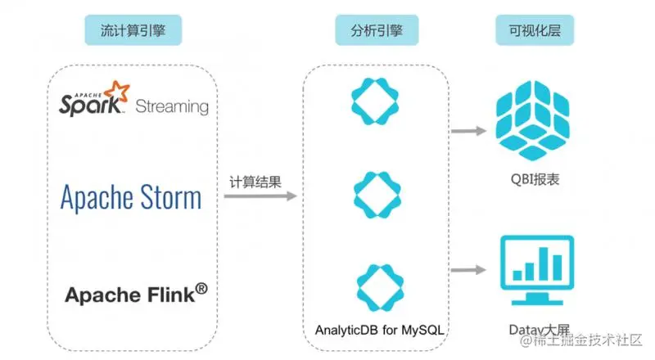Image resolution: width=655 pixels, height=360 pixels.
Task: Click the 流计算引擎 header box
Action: pos(133,30)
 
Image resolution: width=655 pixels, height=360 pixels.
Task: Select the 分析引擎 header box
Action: pos(377,30)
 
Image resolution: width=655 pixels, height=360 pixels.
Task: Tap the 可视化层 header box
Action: pos(535,30)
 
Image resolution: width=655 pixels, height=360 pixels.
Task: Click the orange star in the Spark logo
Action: pos(117,92)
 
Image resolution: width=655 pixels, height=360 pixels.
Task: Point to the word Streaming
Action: pos(172,106)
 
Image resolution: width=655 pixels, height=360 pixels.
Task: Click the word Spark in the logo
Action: pos(90,105)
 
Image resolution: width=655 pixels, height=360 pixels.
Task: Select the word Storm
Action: pos(170,197)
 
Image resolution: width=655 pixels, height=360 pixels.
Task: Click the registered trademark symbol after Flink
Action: pos(201,288)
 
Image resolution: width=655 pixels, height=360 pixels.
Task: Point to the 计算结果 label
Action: pos(255,182)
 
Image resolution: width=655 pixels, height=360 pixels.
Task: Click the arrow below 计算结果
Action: pos(260,196)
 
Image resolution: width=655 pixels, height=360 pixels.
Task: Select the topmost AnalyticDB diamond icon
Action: pos(375,101)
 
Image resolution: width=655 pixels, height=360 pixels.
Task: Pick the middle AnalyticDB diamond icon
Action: pos(377,195)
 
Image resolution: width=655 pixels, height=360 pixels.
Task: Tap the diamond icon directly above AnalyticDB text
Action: pos(380,288)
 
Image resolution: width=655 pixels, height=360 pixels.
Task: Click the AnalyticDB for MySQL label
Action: pos(379,330)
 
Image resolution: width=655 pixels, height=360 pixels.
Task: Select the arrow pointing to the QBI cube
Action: pos(468,131)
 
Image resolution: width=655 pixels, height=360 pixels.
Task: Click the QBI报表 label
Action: pos(535,179)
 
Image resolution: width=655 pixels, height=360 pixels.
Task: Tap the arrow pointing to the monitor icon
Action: pos(468,270)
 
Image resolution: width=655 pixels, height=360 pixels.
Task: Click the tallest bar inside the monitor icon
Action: pos(543,263)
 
